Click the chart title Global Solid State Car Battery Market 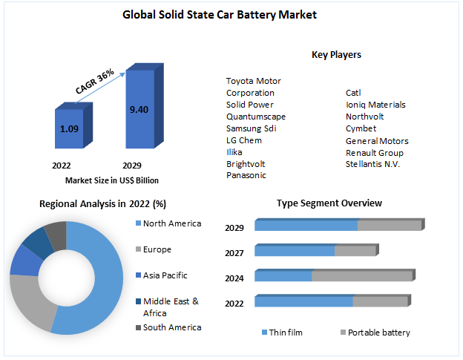click(231, 14)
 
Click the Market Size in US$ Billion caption click(111, 180)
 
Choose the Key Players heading click(336, 55)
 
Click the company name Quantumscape click(256, 117)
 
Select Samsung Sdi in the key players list click(251, 128)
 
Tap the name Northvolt click(365, 117)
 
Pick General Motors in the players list click(377, 140)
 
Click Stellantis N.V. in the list click(372, 164)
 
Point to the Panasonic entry click(246, 175)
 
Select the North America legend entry click(171, 223)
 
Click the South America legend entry click(171, 327)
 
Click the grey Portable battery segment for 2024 click(361, 276)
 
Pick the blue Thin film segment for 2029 click(306, 226)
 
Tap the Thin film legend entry click(286, 333)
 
